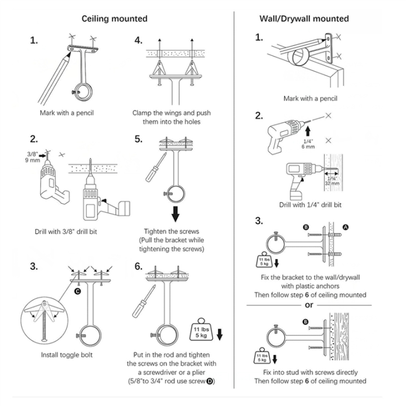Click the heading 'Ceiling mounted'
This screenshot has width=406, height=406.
[x=114, y=19]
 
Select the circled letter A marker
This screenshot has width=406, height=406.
[x=346, y=226]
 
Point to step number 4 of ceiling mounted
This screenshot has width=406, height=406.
[x=138, y=41]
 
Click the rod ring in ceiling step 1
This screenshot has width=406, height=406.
[x=83, y=90]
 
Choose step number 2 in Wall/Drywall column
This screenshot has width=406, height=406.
[x=259, y=116]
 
